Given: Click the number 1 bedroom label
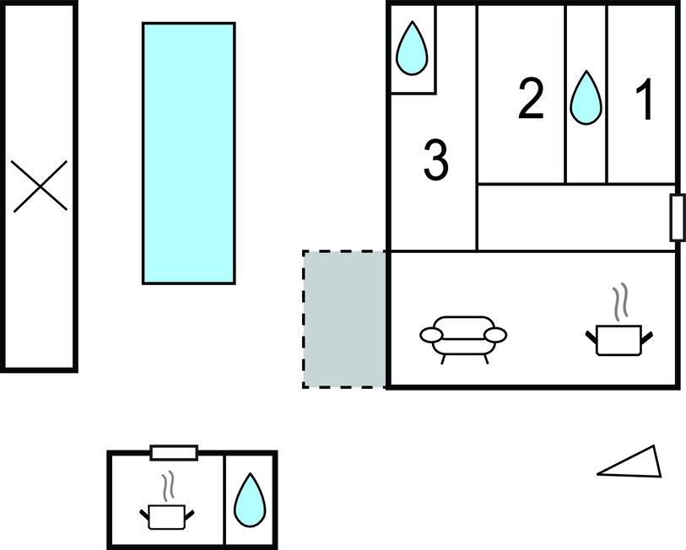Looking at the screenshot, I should point(645,100).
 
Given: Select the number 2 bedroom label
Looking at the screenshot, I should point(531,100).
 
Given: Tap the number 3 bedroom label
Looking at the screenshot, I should point(435,160).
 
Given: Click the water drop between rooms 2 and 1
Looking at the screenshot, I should point(585,96).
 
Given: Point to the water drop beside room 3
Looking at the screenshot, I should point(413,48).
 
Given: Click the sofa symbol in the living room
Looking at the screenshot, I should point(463,336).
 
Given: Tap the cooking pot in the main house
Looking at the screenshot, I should point(618,339).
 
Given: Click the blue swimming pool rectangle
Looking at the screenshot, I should point(188,153).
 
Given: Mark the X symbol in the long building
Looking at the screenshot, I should point(41,186).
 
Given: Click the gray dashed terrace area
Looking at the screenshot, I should point(344,319).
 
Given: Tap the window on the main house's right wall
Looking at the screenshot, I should point(676,218).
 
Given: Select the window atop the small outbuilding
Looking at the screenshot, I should point(174,453).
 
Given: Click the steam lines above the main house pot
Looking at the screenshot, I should point(621,305).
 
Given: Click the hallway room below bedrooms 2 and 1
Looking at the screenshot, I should point(575,217).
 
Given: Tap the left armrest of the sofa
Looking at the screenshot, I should point(430,337).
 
